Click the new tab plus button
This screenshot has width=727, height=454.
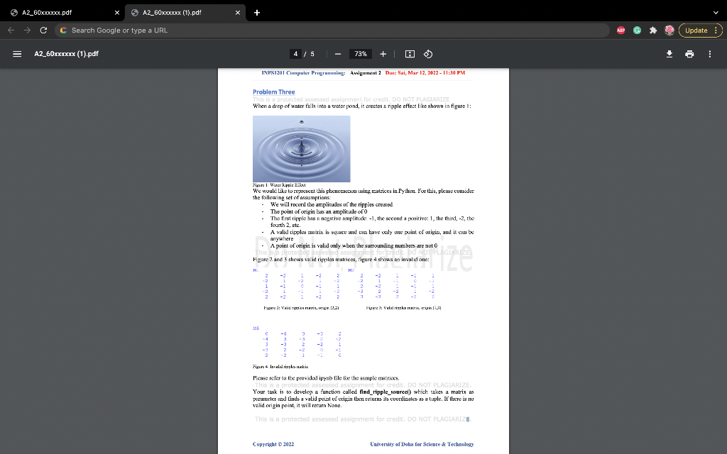(257, 12)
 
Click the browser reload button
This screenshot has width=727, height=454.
(44, 31)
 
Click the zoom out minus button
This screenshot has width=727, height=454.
(338, 54)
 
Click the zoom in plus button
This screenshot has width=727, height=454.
(383, 54)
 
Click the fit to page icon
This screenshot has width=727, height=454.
(409, 54)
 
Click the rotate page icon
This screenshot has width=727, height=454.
(427, 54)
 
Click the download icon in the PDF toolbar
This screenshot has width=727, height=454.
(668, 54)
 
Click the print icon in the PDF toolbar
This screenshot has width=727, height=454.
(688, 54)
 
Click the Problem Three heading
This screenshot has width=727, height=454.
(273, 92)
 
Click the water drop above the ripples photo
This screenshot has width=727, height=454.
(302, 123)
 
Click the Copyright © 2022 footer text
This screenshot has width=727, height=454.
(273, 444)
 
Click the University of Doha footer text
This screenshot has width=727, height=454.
(422, 444)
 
